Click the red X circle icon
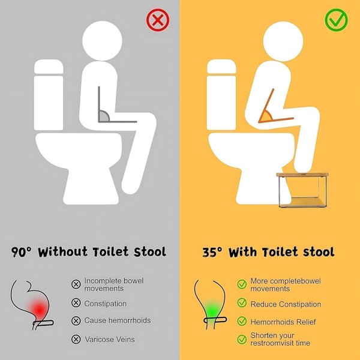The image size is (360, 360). click(158, 20)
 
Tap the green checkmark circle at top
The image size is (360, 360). click(336, 20)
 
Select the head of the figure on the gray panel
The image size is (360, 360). click(102, 41)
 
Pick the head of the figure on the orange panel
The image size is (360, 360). click(283, 41)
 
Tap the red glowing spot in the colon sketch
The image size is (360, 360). click(39, 310)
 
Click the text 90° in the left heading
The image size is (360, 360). click(21, 252)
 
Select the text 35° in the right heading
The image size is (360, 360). click(212, 253)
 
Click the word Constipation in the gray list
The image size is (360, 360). click(106, 304)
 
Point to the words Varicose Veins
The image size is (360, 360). click(110, 340)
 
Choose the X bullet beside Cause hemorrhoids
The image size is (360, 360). click(76, 321)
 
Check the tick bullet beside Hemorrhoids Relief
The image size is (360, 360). click(242, 321)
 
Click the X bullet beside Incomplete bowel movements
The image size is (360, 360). click(76, 284)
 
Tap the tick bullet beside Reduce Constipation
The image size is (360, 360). click(242, 303)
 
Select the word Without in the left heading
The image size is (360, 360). click(62, 252)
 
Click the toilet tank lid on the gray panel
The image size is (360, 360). click(49, 67)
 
